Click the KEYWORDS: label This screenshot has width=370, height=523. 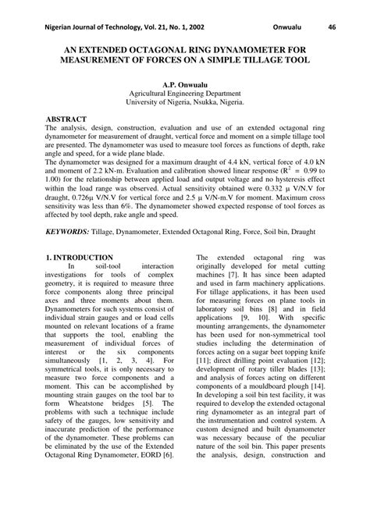[x=69, y=232]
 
